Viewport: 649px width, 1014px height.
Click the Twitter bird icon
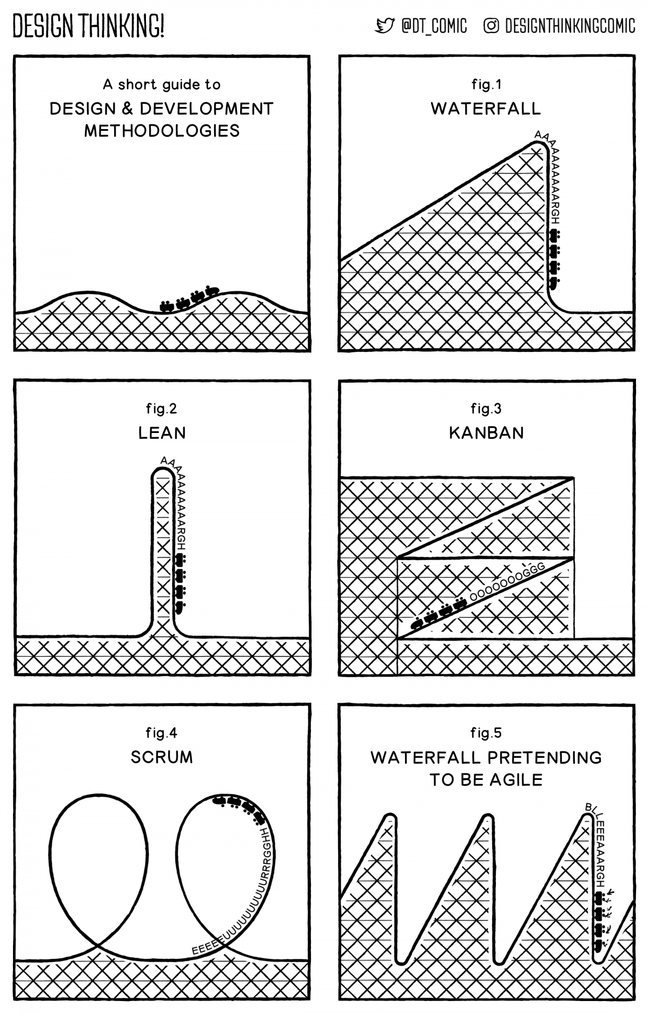[x=385, y=26]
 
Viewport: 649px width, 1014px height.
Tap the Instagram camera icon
[x=491, y=26]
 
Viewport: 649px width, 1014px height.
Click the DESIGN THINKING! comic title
[x=88, y=26]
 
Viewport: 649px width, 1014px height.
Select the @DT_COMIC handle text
[x=434, y=26]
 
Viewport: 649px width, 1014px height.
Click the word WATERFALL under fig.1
[x=486, y=109]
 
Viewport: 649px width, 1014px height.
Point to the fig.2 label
[x=161, y=409]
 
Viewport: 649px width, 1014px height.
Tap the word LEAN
[x=162, y=433]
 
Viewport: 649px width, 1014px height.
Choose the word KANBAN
[x=486, y=433]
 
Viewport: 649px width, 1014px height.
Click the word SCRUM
[x=162, y=757]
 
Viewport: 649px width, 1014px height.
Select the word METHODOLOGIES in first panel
[x=162, y=131]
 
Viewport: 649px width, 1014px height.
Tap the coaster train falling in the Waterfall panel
[x=554, y=257]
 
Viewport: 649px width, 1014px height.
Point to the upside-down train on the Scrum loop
[x=238, y=805]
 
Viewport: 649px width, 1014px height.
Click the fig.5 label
[x=486, y=733]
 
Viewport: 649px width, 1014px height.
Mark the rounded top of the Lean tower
[x=162, y=470]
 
